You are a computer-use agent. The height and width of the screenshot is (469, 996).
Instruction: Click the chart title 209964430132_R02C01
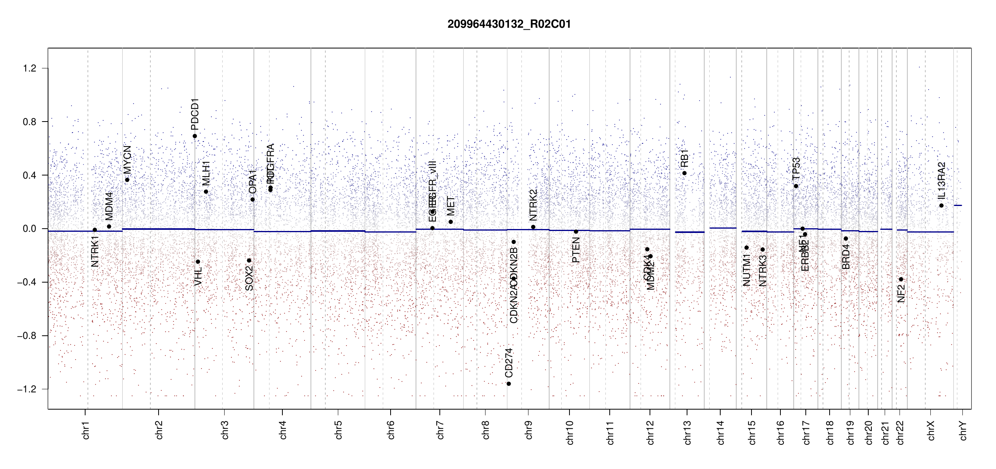[x=509, y=24]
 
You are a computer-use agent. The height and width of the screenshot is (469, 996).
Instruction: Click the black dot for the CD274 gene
[x=509, y=384]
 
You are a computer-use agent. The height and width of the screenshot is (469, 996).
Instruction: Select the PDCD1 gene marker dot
[x=195, y=136]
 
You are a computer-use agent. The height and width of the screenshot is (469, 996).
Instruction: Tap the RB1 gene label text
[x=684, y=158]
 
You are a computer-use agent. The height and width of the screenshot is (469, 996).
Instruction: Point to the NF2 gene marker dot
[x=901, y=279]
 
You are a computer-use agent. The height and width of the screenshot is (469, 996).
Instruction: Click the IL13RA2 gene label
[x=942, y=180]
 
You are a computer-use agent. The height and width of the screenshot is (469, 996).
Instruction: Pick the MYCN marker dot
[x=127, y=180]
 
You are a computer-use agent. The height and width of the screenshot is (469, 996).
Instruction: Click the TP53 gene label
[x=796, y=168]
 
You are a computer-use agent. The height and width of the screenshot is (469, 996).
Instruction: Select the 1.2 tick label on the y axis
[x=29, y=68]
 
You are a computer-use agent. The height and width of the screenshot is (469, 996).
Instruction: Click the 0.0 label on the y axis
[x=29, y=229]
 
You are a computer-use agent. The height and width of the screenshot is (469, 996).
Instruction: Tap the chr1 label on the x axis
[x=86, y=430]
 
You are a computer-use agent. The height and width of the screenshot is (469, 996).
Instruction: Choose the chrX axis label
[x=931, y=430]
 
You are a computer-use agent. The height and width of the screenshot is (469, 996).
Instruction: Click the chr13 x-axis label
[x=687, y=432]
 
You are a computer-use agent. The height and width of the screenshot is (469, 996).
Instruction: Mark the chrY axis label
[x=963, y=430]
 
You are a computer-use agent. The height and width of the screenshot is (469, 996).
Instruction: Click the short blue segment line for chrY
[x=958, y=206]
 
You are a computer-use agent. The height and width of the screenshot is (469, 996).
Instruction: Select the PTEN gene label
[x=576, y=250]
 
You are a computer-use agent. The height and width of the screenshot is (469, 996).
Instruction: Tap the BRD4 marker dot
[x=846, y=239]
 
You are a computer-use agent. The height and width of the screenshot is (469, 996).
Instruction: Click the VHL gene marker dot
[x=198, y=262]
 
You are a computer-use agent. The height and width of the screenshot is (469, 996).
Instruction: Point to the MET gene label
[x=451, y=206]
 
